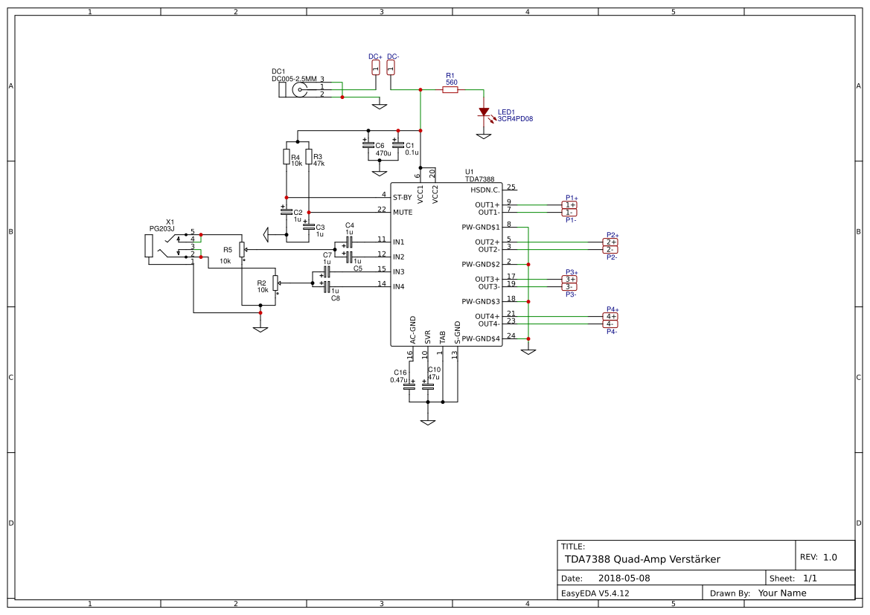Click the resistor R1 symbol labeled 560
pyautogui.click(x=450, y=90)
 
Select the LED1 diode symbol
pyautogui.click(x=484, y=112)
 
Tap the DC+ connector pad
pyautogui.click(x=375, y=68)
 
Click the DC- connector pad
pyautogui.click(x=391, y=68)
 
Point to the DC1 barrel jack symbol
pyautogui.click(x=298, y=90)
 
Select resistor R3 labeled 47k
pyautogui.click(x=308, y=156)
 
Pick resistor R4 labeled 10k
pyautogui.click(x=286, y=156)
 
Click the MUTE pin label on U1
pyautogui.click(x=403, y=212)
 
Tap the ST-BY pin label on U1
pyautogui.click(x=402, y=197)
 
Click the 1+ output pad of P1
pyautogui.click(x=569, y=205)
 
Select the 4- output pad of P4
pyautogui.click(x=610, y=323)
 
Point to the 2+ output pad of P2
pyautogui.click(x=610, y=242)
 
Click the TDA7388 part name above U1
pyautogui.click(x=480, y=179)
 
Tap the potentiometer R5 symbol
pyautogui.click(x=243, y=250)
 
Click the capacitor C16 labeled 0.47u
pyautogui.click(x=409, y=385)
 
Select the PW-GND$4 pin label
pyautogui.click(x=481, y=338)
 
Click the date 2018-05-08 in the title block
pyautogui.click(x=624, y=578)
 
